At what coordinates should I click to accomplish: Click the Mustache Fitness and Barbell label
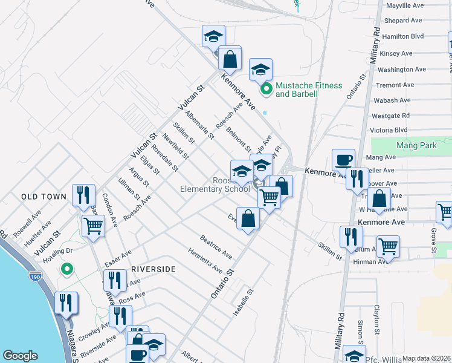click(x=309, y=90)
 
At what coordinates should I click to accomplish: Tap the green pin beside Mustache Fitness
click(x=265, y=90)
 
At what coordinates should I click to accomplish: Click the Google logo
click(x=20, y=355)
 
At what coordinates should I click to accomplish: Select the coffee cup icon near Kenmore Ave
click(x=343, y=160)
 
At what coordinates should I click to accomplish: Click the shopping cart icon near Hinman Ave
click(x=388, y=246)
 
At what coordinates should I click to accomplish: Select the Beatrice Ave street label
click(x=216, y=247)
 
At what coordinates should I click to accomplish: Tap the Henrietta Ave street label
click(x=205, y=260)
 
